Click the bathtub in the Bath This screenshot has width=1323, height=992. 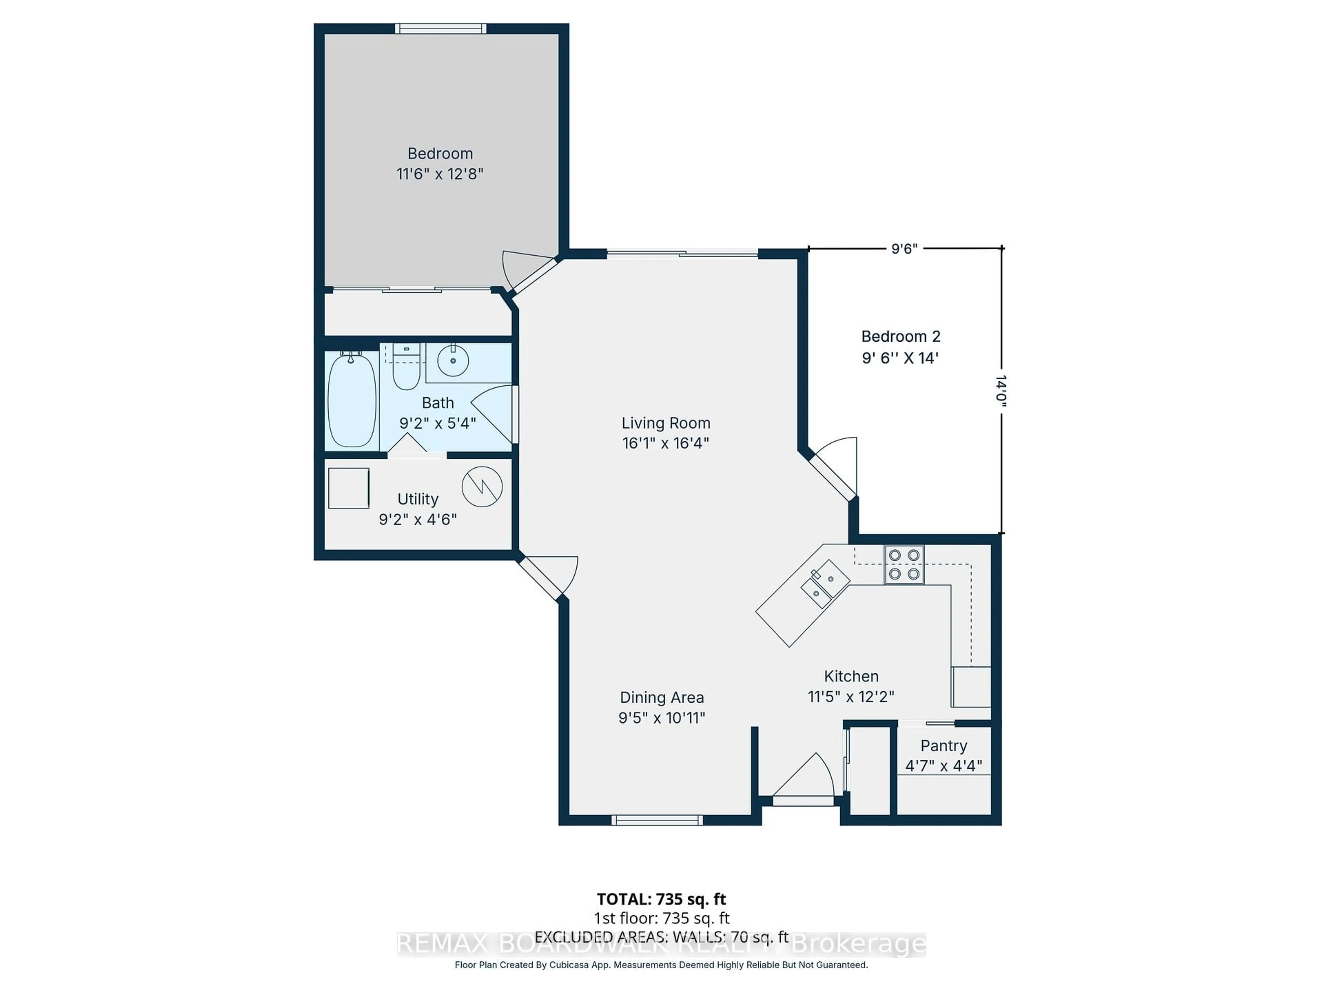(x=352, y=400)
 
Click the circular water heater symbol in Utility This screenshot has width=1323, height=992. (x=482, y=487)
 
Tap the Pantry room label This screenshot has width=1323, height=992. (x=943, y=746)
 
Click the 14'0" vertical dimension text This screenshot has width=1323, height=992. (x=1001, y=392)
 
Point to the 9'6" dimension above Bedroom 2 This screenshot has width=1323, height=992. (x=904, y=249)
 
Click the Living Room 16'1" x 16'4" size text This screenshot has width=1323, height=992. (x=665, y=443)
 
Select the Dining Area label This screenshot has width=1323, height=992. (x=661, y=697)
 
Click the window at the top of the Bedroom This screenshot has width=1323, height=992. (x=440, y=28)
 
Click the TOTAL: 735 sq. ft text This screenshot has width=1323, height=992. (x=661, y=899)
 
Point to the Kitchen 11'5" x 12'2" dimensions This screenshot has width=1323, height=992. (x=851, y=696)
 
